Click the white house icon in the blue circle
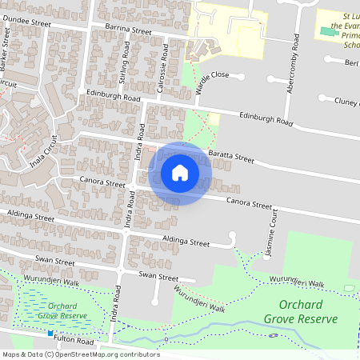point(180,173)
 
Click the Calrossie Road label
point(166,57)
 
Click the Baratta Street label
point(230,151)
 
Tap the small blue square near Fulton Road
point(50,333)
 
